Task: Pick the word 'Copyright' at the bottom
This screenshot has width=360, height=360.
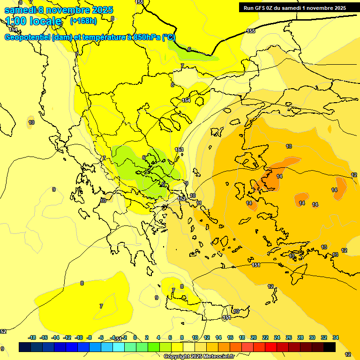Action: [x=177, y=357]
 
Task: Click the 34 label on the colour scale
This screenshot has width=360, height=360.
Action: [x=336, y=337]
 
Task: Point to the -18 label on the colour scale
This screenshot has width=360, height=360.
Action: [x=32, y=337]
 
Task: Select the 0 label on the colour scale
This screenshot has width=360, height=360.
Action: [x=135, y=337]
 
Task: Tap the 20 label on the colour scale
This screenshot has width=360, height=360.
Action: [x=254, y=337]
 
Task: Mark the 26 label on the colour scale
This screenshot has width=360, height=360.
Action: [x=289, y=337]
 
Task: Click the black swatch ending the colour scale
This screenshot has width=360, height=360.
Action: [x=330, y=347]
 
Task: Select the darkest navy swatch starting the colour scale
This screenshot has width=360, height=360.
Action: [x=25, y=347]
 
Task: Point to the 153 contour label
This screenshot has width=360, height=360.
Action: [x=179, y=150]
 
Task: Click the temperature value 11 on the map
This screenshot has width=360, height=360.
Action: [x=199, y=203]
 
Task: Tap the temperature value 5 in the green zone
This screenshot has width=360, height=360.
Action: [x=163, y=184]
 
